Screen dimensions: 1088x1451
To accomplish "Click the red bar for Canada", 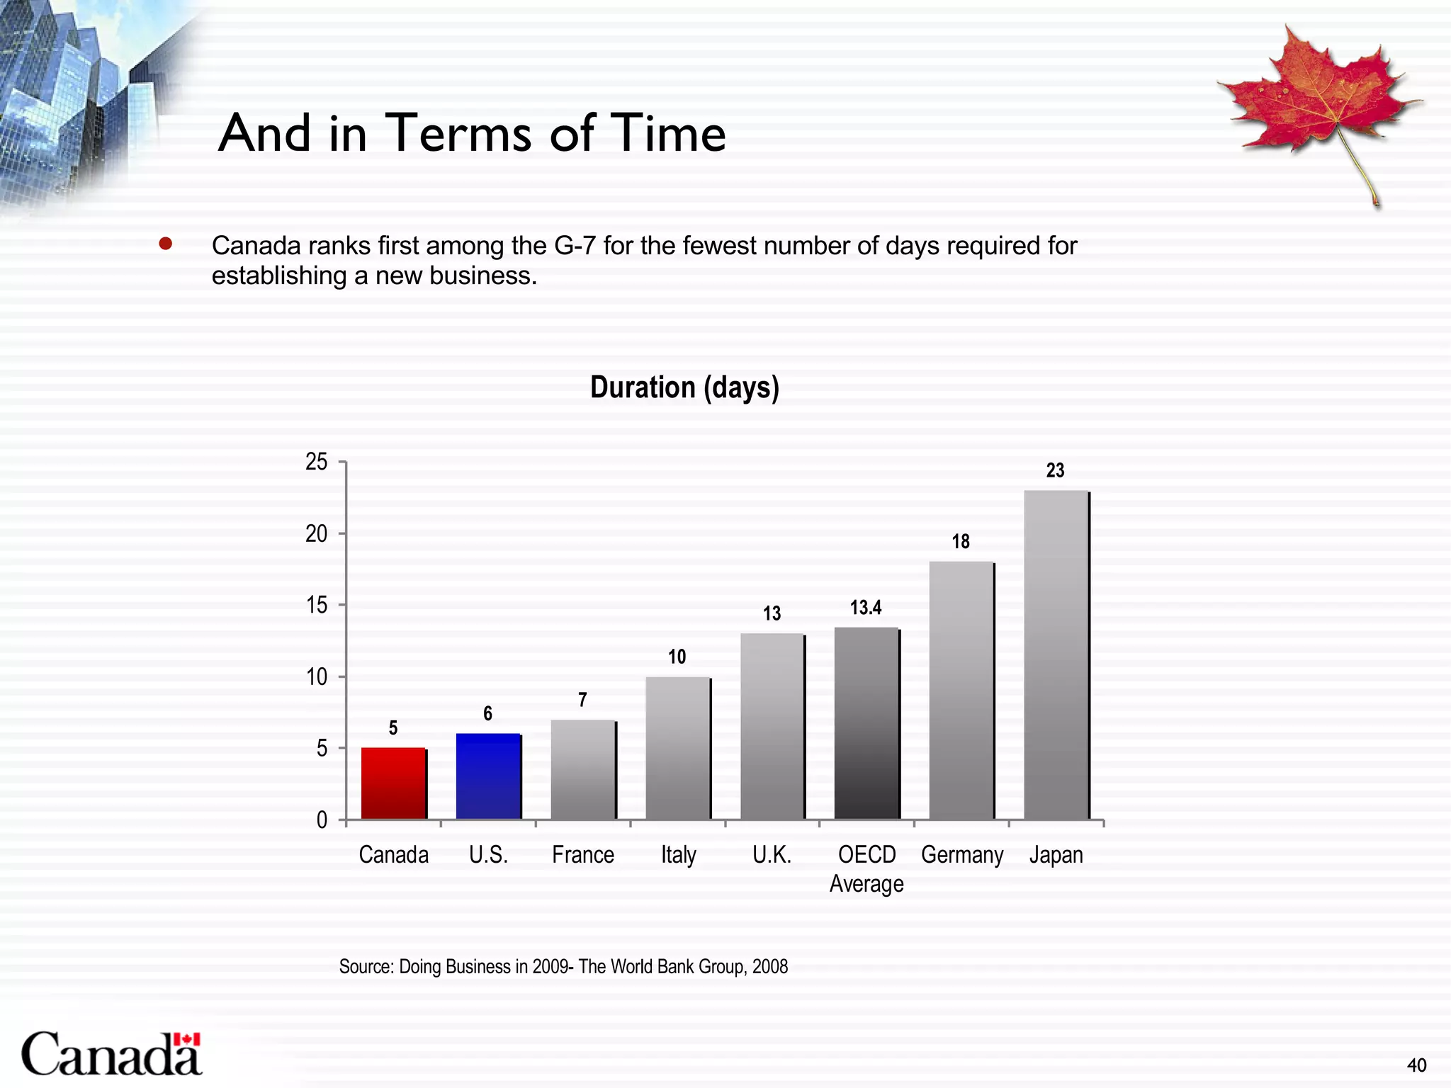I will point(393,783).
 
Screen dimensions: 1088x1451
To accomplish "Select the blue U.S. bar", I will point(488,776).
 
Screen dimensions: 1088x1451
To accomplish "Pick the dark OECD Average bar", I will point(866,723).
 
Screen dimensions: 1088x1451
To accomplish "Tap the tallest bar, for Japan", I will point(1056,654).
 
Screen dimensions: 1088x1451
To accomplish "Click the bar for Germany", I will point(961,691).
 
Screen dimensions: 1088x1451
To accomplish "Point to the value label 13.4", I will point(866,607).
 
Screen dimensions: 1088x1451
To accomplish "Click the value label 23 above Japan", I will point(1055,470).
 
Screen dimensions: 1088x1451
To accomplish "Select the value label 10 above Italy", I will point(677,657).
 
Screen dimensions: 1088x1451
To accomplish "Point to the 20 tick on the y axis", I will point(316,533).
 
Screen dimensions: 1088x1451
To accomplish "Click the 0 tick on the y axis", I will point(322,820).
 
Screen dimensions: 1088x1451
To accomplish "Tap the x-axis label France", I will point(582,855).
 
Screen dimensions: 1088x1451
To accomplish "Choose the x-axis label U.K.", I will point(772,855).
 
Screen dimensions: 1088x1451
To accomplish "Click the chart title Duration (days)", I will point(684,387).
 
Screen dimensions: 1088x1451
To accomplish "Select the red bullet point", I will point(166,244).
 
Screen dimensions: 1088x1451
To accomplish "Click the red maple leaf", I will point(1318,99).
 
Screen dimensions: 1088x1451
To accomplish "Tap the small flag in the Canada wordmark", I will point(187,1039).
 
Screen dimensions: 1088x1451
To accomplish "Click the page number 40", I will point(1416,1065).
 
